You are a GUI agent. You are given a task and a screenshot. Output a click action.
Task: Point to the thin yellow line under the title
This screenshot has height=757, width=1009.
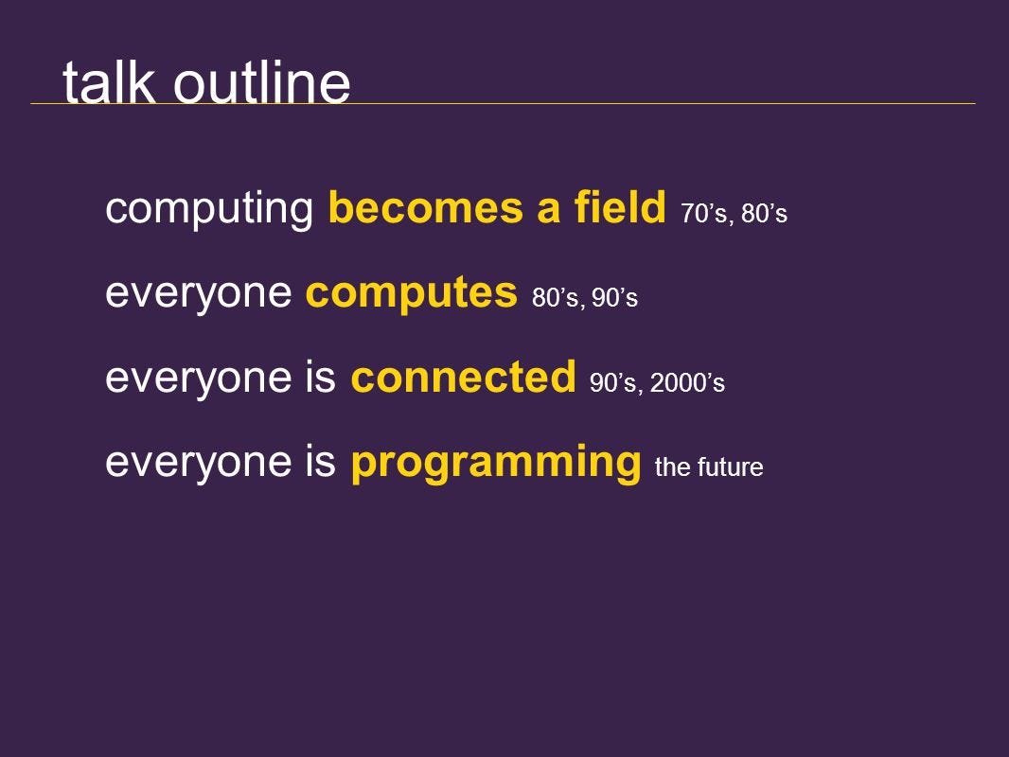point(503,103)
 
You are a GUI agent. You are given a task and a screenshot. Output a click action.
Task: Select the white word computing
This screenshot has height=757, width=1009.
point(209,209)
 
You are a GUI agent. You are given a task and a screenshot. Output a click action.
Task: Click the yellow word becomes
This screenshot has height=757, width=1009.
point(425,207)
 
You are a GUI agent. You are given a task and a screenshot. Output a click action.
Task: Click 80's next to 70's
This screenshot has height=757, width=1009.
point(764,214)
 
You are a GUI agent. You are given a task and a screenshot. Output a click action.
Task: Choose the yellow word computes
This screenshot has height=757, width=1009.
point(411,293)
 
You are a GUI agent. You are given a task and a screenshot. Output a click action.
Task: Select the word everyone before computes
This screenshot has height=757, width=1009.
point(198,294)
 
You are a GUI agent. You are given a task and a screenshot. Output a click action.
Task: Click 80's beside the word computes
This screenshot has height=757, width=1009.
point(556,298)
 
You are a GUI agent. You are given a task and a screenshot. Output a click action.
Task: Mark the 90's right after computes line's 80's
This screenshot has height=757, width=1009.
point(614,298)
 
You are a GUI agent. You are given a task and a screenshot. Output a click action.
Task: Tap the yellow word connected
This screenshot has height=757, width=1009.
point(463,377)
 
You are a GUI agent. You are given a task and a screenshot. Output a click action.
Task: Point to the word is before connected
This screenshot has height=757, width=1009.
point(321,377)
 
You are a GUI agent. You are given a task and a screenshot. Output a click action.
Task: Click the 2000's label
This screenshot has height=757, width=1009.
point(687,382)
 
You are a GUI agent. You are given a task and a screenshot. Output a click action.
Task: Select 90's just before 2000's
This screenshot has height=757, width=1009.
point(612,382)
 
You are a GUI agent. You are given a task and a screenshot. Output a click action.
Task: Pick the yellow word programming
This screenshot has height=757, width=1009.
point(495,463)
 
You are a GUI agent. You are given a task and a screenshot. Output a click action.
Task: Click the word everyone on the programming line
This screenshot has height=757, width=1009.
point(198,464)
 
